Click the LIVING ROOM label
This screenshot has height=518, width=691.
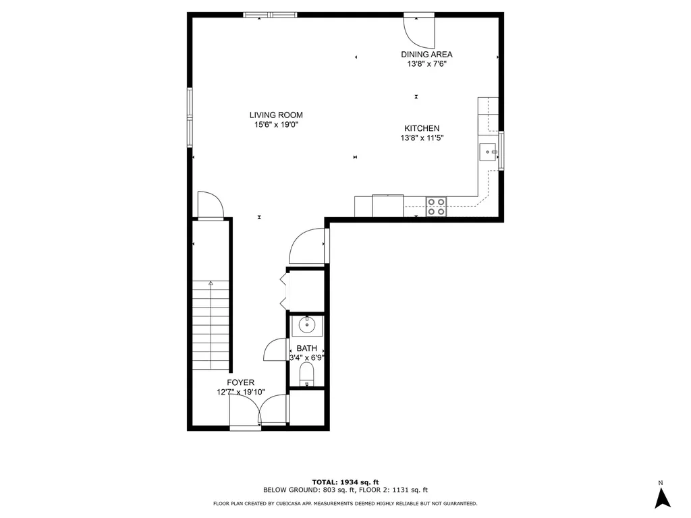click(276, 115)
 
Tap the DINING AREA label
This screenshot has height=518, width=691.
click(426, 55)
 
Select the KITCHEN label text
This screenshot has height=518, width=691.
click(422, 128)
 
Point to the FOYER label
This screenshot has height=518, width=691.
click(240, 382)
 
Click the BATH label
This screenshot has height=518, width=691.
click(306, 348)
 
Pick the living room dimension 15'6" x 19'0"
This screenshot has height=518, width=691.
click(276, 125)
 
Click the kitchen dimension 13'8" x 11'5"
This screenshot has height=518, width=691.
click(422, 138)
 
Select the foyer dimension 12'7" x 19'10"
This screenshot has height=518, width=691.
click(241, 392)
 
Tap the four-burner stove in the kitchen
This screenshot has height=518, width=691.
click(436, 206)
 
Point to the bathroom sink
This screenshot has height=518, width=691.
click(307, 326)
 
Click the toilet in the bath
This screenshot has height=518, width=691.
click(307, 374)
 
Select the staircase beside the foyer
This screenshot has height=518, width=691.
click(211, 324)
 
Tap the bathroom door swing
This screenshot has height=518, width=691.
click(276, 349)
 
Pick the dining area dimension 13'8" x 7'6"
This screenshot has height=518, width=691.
click(426, 64)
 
